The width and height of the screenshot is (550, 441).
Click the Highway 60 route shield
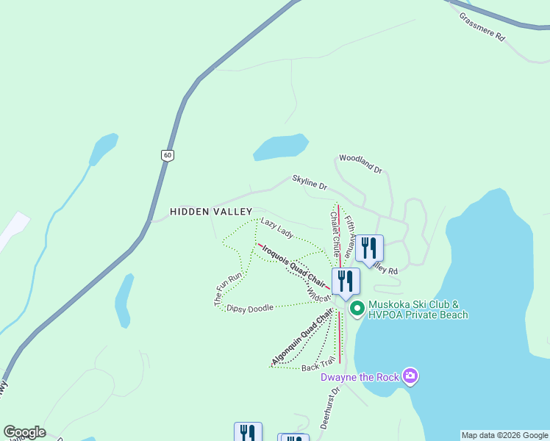(x=168, y=155)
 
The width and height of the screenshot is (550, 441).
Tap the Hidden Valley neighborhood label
(x=211, y=212)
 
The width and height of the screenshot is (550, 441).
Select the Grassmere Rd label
(x=482, y=26)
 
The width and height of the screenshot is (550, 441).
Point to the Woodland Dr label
(x=360, y=164)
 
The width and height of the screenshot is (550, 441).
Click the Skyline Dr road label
(x=309, y=182)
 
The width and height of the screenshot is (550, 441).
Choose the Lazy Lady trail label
(x=277, y=228)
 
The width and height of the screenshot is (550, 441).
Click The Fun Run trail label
(x=229, y=289)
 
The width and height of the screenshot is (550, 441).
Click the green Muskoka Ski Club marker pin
(x=357, y=309)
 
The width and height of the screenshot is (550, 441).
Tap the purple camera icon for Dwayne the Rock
(x=410, y=377)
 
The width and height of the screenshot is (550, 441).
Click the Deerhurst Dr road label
(x=328, y=409)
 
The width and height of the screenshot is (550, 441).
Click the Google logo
(x=24, y=432)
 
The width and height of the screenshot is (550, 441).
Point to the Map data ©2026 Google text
(x=504, y=435)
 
